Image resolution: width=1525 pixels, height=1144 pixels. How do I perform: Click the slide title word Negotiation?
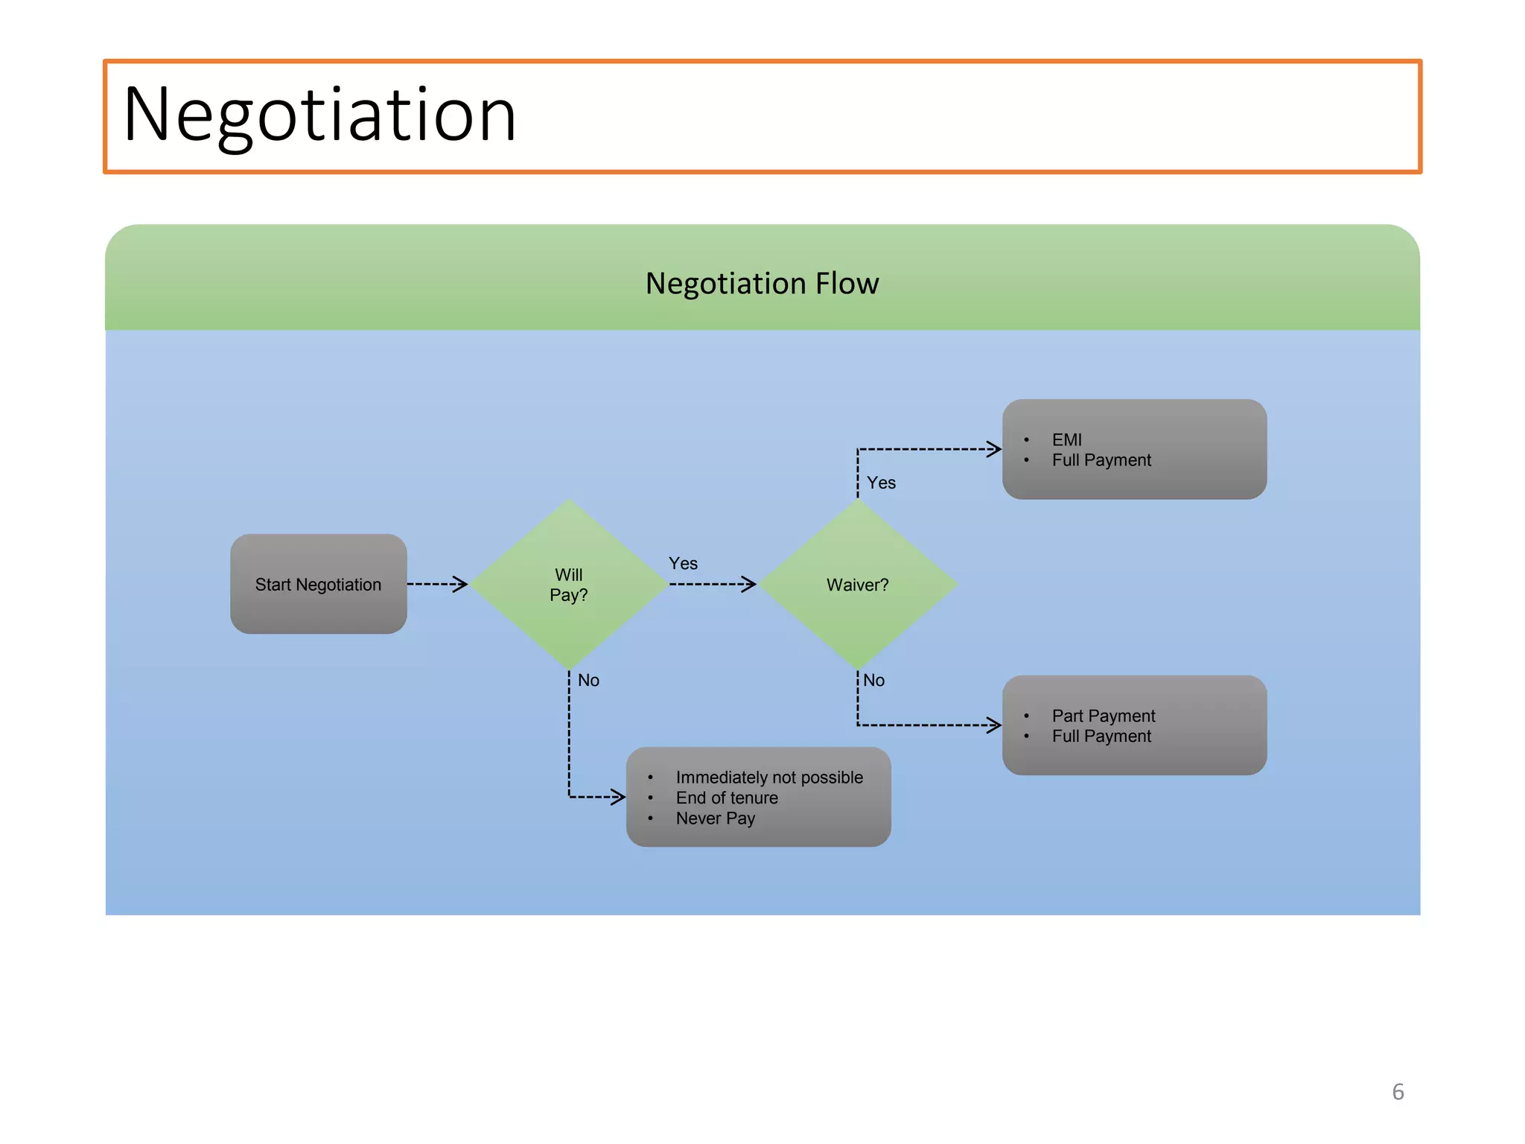(x=319, y=115)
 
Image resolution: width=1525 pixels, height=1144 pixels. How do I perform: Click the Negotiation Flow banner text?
(x=762, y=284)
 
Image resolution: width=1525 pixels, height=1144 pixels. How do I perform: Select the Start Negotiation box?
(x=318, y=585)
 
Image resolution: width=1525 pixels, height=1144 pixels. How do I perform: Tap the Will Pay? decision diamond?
(x=569, y=585)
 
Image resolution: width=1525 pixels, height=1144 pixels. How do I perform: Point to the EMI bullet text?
(x=1066, y=440)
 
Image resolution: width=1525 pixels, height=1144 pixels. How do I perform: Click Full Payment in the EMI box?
(x=1101, y=460)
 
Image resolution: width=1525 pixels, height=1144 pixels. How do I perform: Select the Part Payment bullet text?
(x=1103, y=716)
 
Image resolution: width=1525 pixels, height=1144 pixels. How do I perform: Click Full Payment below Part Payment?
(x=1101, y=737)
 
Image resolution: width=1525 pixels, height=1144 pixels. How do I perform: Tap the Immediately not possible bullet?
(x=768, y=778)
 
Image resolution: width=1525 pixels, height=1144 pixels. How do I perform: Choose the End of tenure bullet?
(x=726, y=798)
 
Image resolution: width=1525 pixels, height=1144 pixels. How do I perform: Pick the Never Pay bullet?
(x=715, y=819)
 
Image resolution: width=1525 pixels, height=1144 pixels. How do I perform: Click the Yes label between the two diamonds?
(x=683, y=564)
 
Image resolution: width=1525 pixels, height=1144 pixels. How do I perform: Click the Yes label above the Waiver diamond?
(x=881, y=483)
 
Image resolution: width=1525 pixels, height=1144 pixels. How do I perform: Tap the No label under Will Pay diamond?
(x=588, y=681)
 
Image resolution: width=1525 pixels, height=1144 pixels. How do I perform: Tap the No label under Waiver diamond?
(x=873, y=681)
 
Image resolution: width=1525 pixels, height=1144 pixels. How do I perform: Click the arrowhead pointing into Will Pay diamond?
(x=461, y=585)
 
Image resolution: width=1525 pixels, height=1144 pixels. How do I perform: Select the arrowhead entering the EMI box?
(x=994, y=448)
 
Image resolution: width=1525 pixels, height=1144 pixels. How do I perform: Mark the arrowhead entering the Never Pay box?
(x=618, y=797)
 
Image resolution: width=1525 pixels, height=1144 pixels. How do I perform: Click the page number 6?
(x=1398, y=1092)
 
